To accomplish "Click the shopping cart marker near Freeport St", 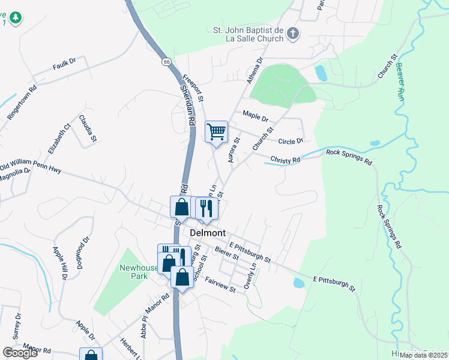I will [x=216, y=131].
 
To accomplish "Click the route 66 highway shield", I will [x=166, y=61].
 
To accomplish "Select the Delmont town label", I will [x=208, y=232].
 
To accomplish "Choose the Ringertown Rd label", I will [x=23, y=103].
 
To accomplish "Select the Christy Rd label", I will [x=285, y=160].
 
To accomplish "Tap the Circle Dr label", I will [x=292, y=141].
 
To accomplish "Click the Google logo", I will [x=20, y=353].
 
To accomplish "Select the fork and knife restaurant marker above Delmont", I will [x=206, y=208].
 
